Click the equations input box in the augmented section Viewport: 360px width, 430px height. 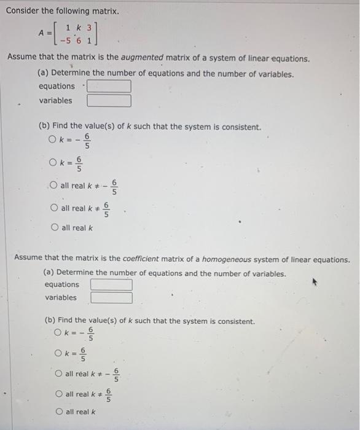(x=109, y=87)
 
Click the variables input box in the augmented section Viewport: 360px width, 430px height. (x=109, y=101)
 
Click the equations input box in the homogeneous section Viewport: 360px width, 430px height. (x=111, y=285)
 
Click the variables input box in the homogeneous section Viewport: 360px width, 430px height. (x=111, y=298)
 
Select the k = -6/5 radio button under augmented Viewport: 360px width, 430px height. (x=53, y=141)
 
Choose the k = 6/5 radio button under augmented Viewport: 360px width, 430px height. (x=53, y=163)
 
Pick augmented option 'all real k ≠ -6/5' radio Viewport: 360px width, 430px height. (x=54, y=186)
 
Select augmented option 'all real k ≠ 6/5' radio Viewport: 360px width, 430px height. (x=54, y=208)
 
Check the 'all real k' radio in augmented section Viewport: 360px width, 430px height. (x=54, y=228)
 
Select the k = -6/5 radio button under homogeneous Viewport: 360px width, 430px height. (x=58, y=334)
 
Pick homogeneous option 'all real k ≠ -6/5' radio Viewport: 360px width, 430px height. (x=58, y=373)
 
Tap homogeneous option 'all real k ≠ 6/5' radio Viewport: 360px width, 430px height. (x=58, y=394)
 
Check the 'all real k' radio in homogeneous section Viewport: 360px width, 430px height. (x=58, y=412)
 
